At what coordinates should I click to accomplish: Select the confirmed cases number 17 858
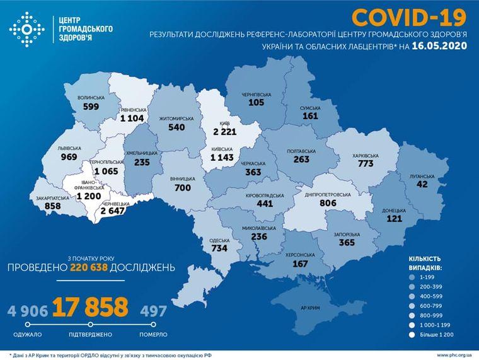click(90, 307)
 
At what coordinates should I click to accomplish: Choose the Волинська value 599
click(91, 107)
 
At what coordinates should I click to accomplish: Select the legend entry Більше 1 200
click(436, 334)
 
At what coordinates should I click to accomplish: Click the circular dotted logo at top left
click(24, 29)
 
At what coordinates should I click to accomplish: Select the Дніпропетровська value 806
click(328, 204)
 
